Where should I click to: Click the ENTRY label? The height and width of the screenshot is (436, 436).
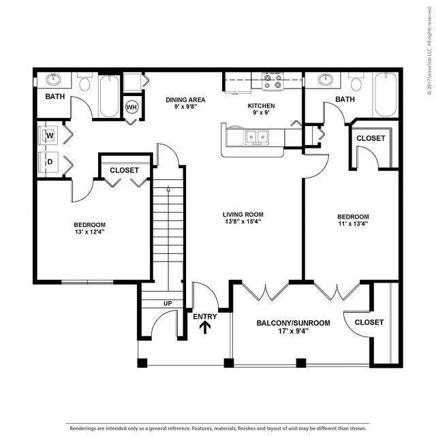click(x=204, y=316)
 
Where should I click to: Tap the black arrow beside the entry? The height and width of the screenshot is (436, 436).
click(x=204, y=328)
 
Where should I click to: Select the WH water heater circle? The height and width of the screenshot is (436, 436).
click(x=131, y=108)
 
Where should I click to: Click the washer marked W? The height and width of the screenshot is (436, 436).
click(x=50, y=136)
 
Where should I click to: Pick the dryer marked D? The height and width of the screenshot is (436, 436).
click(x=50, y=162)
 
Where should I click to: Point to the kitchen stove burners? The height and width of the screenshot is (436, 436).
click(x=273, y=82)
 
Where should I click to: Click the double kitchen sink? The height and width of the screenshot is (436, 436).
click(x=257, y=137)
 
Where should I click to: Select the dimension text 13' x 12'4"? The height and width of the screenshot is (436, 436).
click(x=90, y=232)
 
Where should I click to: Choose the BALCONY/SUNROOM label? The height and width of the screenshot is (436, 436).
click(x=293, y=323)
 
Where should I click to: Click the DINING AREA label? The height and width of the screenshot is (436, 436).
click(x=185, y=99)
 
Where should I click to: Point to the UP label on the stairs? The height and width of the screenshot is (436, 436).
click(x=167, y=303)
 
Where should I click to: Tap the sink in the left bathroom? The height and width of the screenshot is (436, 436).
click(x=53, y=80)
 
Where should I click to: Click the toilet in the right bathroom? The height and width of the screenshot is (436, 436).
click(x=355, y=83)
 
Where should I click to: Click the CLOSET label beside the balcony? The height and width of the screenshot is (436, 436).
click(x=369, y=322)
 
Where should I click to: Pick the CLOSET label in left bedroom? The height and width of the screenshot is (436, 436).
click(x=124, y=170)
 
